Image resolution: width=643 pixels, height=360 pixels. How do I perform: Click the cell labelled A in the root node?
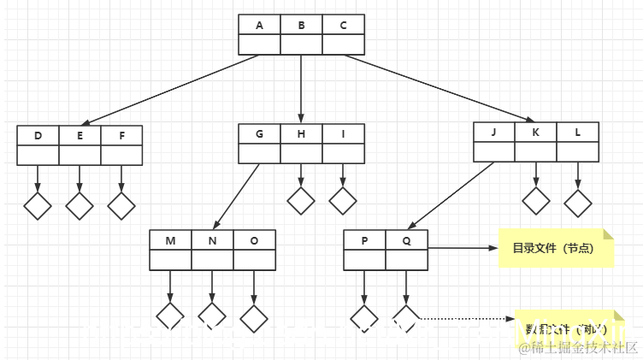click(259, 25)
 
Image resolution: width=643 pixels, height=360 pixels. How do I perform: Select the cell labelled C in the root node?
click(343, 25)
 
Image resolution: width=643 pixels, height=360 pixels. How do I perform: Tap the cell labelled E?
click(80, 136)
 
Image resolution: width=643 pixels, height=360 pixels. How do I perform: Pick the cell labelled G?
click(259, 134)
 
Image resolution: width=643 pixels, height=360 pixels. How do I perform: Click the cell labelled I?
click(343, 134)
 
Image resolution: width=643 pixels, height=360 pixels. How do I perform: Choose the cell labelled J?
click(494, 132)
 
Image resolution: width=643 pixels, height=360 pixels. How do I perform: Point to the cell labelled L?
click(578, 132)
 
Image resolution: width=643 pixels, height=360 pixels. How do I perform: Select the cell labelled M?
click(170, 240)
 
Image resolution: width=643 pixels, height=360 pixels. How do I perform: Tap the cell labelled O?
click(254, 240)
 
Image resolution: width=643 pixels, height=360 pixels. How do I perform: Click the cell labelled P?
click(364, 240)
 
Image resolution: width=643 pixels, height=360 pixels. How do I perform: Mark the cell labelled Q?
click(406, 240)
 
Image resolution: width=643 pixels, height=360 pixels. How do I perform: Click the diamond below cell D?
click(38, 205)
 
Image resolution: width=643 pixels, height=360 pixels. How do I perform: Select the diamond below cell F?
click(121, 205)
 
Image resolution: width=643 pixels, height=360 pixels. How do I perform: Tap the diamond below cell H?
click(301, 200)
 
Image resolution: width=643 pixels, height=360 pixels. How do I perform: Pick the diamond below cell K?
click(536, 201)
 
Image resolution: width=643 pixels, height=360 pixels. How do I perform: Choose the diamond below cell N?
click(212, 316)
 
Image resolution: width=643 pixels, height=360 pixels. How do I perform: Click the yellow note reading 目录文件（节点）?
click(557, 249)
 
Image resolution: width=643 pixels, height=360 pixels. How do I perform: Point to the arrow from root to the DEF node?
click(171, 90)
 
